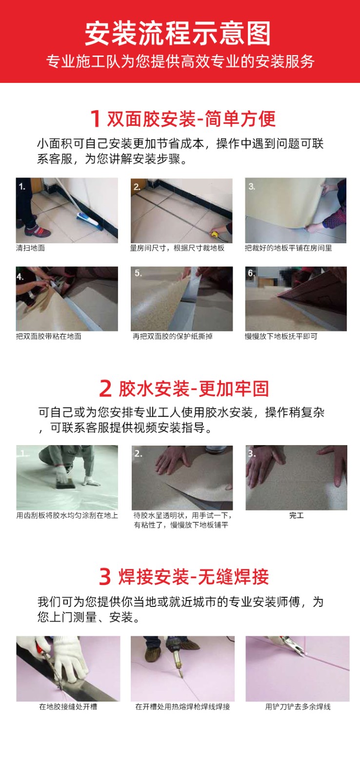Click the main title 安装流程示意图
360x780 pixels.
pos(178,34)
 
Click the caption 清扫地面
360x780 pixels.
pos(30,248)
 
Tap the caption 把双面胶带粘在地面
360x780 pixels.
pos(48,336)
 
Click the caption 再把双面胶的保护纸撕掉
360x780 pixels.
pos(173,336)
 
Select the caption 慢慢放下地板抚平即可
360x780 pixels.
pos(281,336)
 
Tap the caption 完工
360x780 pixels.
pos(296,515)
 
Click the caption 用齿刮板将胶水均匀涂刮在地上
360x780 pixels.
pos(67,515)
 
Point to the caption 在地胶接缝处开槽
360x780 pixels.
pos(68,706)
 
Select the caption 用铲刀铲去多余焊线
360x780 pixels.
pos(298,706)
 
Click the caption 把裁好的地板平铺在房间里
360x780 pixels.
pos(288,248)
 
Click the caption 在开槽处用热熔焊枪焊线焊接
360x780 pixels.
pos(182,706)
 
